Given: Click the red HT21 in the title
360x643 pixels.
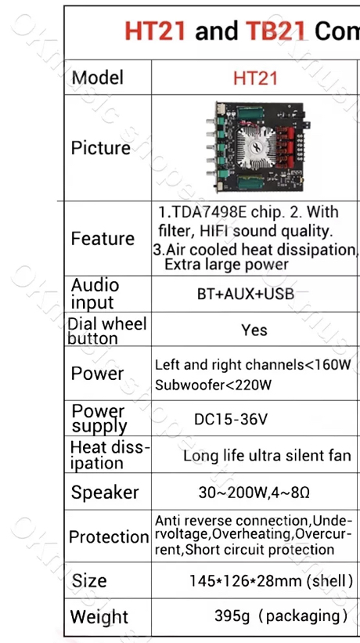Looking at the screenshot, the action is pyautogui.click(x=155, y=31).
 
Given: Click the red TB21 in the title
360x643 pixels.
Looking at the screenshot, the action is pyautogui.click(x=275, y=31).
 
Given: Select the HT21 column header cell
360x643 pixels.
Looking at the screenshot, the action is pyautogui.click(x=255, y=78).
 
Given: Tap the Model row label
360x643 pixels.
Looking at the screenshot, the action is pyautogui.click(x=97, y=78).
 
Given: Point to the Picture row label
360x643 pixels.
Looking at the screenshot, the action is pyautogui.click(x=100, y=148).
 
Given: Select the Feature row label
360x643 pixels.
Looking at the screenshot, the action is pyautogui.click(x=103, y=238).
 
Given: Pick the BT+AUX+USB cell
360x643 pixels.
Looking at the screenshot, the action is pyautogui.click(x=245, y=294).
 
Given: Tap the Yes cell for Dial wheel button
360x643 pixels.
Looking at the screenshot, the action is pyautogui.click(x=254, y=330).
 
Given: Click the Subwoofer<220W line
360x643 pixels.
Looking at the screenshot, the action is pyautogui.click(x=213, y=385).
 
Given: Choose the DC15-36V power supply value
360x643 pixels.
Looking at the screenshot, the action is pyautogui.click(x=231, y=419).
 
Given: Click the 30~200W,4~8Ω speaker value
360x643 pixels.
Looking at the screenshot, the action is pyautogui.click(x=254, y=493).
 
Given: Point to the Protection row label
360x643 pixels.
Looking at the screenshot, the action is pyautogui.click(x=109, y=536).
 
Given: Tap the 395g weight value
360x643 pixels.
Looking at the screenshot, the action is pyautogui.click(x=232, y=616).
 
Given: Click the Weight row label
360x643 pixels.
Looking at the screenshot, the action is pyautogui.click(x=99, y=616).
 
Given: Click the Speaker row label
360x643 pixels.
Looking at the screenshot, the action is pyautogui.click(x=105, y=493).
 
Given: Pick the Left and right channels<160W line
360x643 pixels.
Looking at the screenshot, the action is pyautogui.click(x=253, y=364).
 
